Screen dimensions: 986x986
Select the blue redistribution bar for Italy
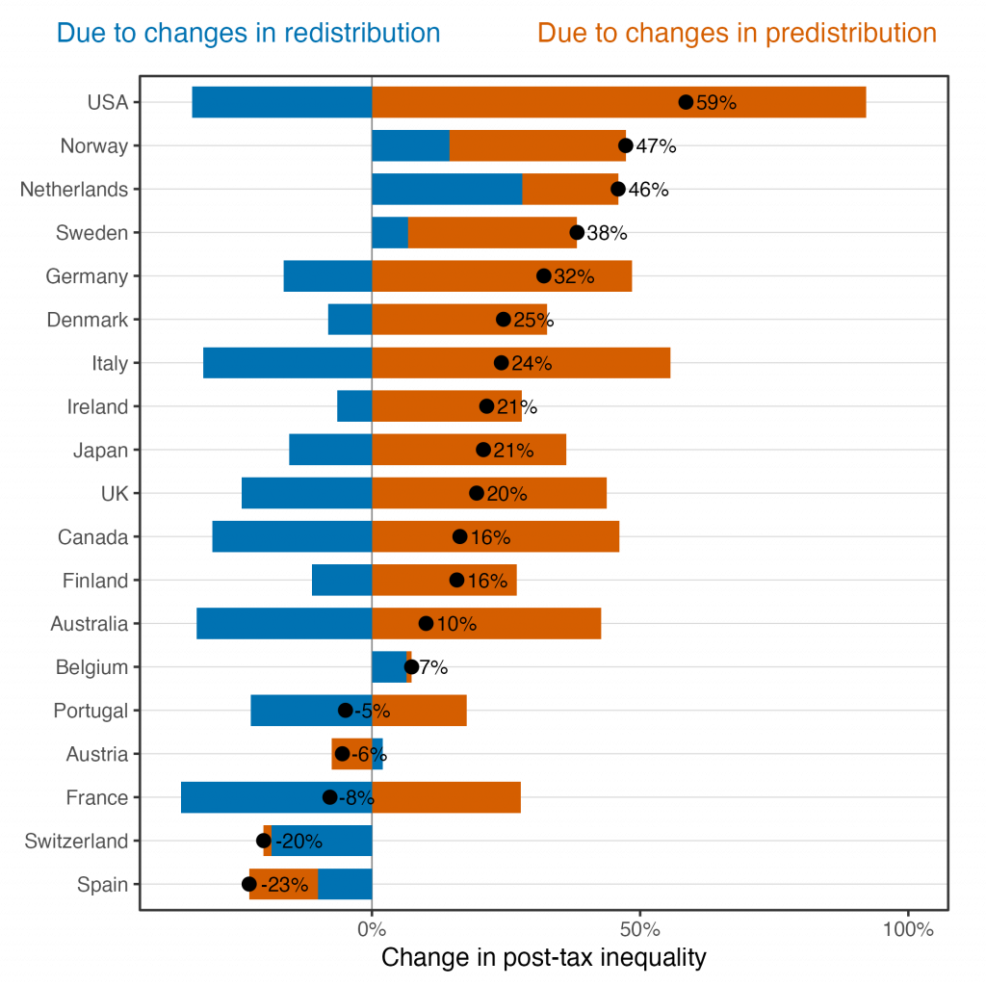[x=287, y=363]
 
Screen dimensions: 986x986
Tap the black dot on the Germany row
[x=544, y=276]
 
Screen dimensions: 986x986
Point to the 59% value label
[x=715, y=103]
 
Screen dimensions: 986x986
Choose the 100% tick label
[x=908, y=930]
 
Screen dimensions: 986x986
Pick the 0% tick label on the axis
[x=372, y=930]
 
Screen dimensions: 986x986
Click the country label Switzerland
[x=76, y=842]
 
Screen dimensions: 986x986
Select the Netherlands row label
[x=74, y=190]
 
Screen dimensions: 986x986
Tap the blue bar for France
[x=252, y=797]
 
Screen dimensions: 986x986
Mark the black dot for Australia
[x=426, y=624]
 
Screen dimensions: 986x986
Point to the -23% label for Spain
[x=286, y=885]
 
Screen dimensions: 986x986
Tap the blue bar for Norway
[x=410, y=145]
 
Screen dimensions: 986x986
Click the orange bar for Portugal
[x=424, y=711]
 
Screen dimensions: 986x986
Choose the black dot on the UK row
[x=477, y=493]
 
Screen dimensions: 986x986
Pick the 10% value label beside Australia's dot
[x=456, y=624]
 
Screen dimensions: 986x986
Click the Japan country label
[x=100, y=450]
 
